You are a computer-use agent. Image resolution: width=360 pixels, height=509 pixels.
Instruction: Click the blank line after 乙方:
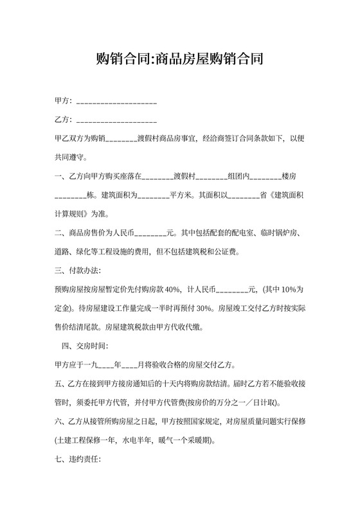pos(116,120)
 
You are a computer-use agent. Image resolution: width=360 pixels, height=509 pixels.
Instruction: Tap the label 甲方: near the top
pos(64,102)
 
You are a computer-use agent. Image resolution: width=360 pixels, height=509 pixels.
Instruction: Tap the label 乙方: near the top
pos(64,120)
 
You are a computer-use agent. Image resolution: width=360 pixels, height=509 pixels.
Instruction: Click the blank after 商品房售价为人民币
pos(150,233)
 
